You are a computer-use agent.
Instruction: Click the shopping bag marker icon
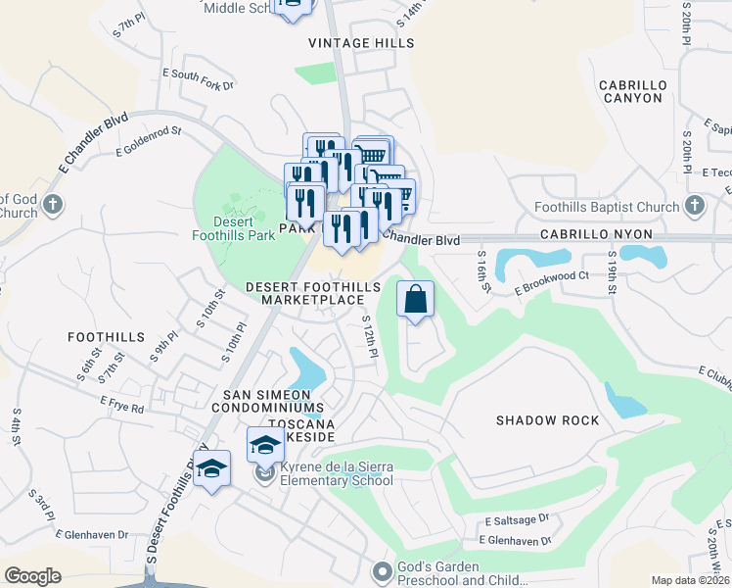point(416,298)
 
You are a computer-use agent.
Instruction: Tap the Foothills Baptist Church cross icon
point(695,207)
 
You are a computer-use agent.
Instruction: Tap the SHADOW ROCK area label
point(547,420)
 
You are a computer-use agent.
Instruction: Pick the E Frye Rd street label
point(122,403)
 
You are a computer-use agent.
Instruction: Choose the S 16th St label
point(481,267)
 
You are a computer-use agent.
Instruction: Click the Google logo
point(33,576)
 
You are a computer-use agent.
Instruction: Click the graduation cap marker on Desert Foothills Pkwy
point(210,470)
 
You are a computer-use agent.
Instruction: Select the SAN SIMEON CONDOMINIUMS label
point(268,401)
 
